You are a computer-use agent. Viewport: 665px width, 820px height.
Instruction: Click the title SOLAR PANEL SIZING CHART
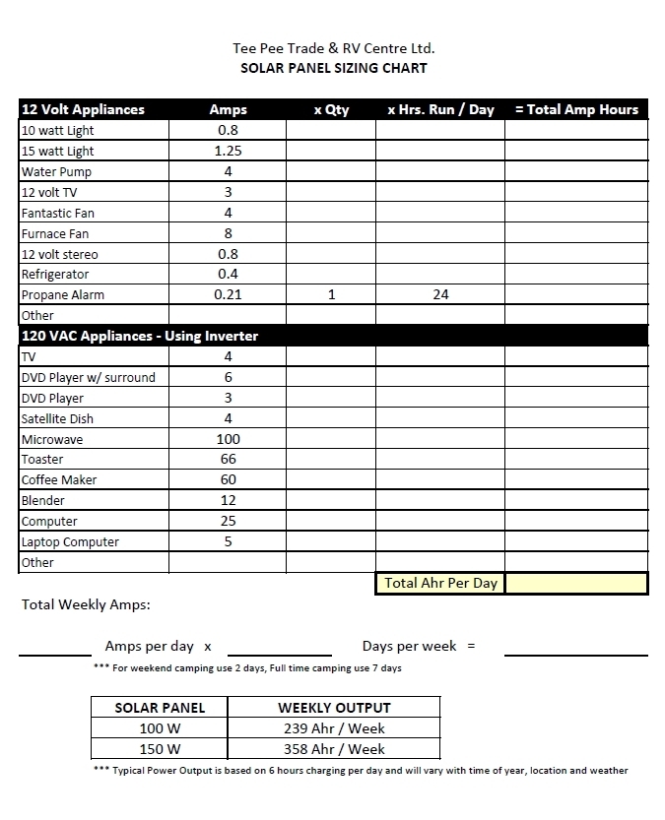point(334,68)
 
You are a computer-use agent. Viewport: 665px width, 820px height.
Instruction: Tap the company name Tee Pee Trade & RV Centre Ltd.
point(333,47)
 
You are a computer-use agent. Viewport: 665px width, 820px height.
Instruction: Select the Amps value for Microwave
point(228,439)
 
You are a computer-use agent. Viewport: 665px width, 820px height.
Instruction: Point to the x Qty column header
point(331,109)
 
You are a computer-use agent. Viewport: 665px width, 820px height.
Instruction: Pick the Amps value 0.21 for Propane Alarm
point(228,294)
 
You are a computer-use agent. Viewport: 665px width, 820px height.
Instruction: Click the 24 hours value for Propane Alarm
point(440,294)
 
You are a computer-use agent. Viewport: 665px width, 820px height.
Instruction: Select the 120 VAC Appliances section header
point(140,336)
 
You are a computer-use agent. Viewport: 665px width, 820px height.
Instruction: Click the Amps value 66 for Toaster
point(228,460)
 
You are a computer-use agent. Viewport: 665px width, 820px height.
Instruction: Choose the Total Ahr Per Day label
point(440,583)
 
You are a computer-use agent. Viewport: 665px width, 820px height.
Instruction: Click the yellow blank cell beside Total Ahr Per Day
point(576,583)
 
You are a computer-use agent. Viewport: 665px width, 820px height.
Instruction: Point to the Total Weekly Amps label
point(86,604)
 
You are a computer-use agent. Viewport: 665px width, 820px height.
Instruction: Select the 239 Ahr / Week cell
point(334,728)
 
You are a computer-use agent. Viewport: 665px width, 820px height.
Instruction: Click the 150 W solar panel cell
point(160,749)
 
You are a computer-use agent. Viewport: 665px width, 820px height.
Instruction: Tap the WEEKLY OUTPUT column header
point(334,708)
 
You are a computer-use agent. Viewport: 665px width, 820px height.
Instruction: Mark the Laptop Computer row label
point(70,542)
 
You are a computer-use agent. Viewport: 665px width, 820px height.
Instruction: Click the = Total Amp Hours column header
point(576,109)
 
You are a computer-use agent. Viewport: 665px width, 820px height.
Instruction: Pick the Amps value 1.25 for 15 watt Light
point(228,151)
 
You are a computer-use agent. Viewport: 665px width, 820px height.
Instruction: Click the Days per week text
point(409,646)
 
